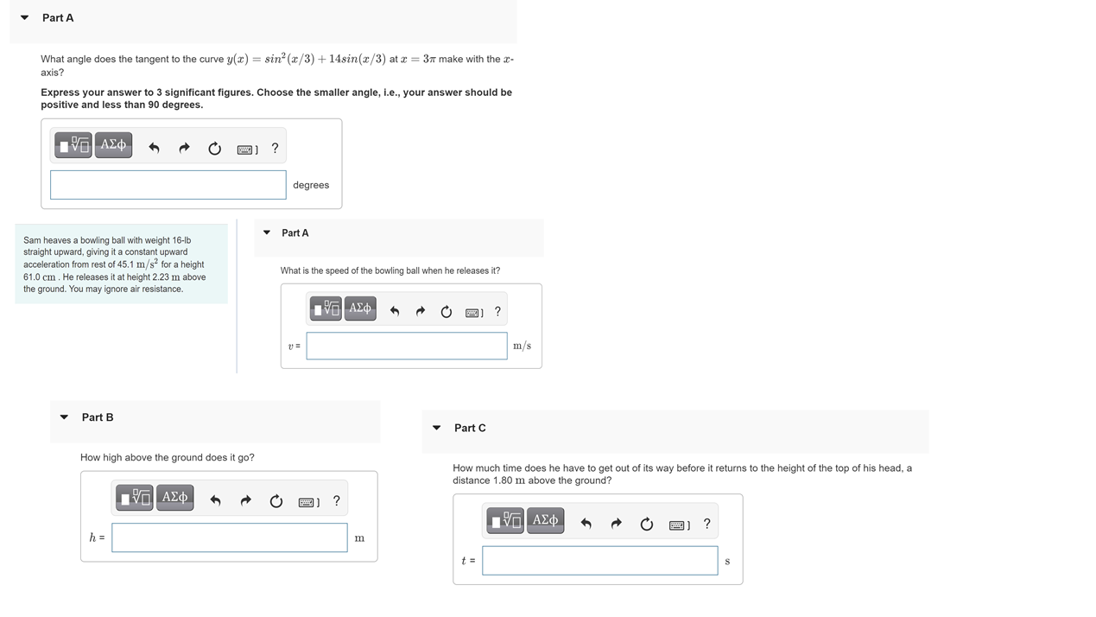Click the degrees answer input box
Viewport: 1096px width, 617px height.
(x=168, y=185)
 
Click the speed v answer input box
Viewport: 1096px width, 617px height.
(x=406, y=346)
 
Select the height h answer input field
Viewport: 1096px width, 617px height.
(x=229, y=537)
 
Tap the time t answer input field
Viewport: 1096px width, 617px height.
(x=599, y=561)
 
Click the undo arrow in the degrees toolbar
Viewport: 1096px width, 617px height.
(x=154, y=148)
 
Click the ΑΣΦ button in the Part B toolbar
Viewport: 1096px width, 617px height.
(x=174, y=498)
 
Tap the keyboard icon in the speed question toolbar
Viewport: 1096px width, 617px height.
(x=473, y=312)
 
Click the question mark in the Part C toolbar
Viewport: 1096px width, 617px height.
(x=706, y=524)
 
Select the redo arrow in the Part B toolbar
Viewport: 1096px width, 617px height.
(x=245, y=501)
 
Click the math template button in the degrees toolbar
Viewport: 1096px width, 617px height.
(x=73, y=145)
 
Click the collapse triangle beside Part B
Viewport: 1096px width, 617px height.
(x=64, y=417)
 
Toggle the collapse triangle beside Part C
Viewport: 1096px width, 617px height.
(x=437, y=428)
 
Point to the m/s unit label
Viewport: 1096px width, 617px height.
(x=522, y=346)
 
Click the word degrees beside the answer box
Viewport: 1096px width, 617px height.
(x=311, y=185)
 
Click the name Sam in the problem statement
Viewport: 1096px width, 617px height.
(x=32, y=240)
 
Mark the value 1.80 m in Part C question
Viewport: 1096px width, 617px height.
(x=509, y=480)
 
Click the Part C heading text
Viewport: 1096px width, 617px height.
(x=470, y=428)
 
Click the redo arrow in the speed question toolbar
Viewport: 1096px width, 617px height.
(x=420, y=311)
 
